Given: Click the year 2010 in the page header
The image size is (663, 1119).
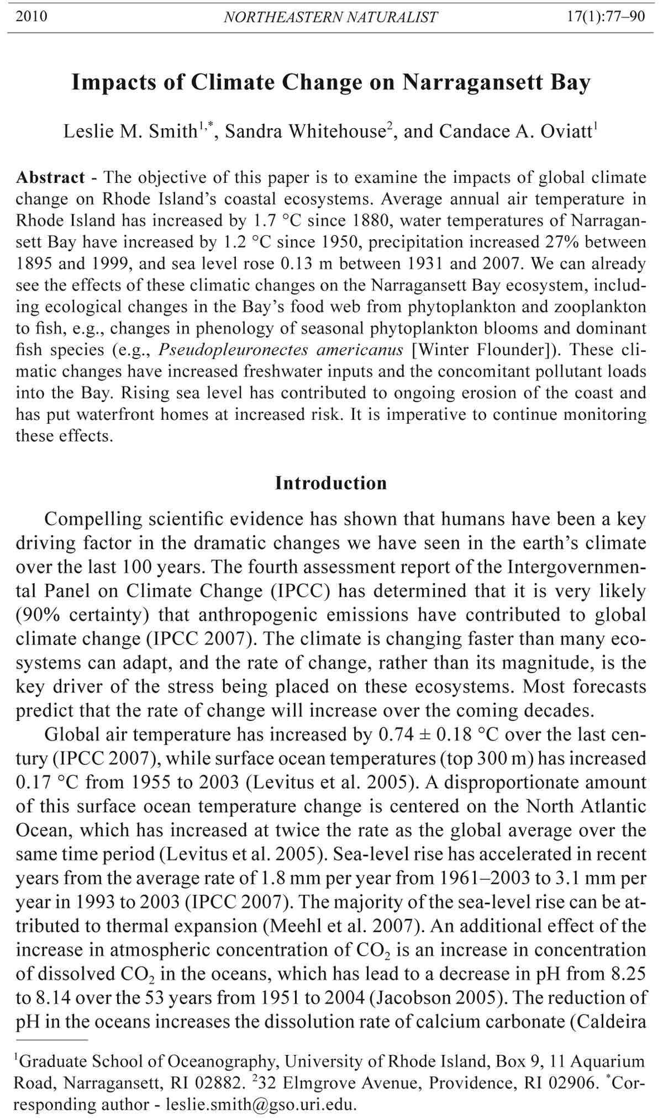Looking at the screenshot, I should (x=31, y=17).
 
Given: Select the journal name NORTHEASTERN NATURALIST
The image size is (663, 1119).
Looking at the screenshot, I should (x=330, y=17).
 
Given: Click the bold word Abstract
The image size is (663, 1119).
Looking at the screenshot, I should (x=50, y=177).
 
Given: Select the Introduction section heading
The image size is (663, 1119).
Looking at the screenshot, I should (x=331, y=483).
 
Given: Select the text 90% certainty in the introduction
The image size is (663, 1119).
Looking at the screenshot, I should (x=80, y=615).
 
